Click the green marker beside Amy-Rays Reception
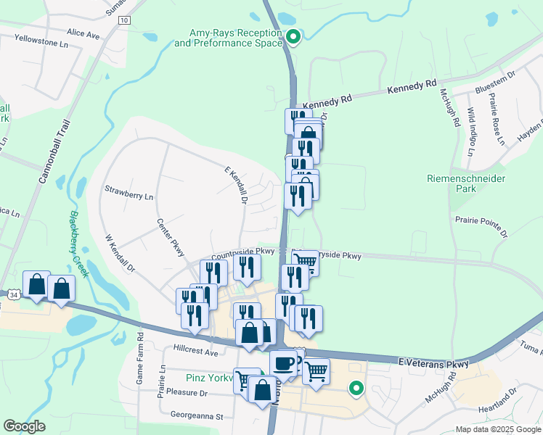tap(293, 36)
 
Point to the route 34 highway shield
tap(15, 294)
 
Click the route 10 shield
tap(125, 20)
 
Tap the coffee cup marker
tap(283, 362)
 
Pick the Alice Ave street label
tap(83, 34)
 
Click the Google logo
tap(24, 426)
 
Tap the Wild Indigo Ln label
tap(470, 131)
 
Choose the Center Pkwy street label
tap(171, 238)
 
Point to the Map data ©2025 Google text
tap(498, 429)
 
